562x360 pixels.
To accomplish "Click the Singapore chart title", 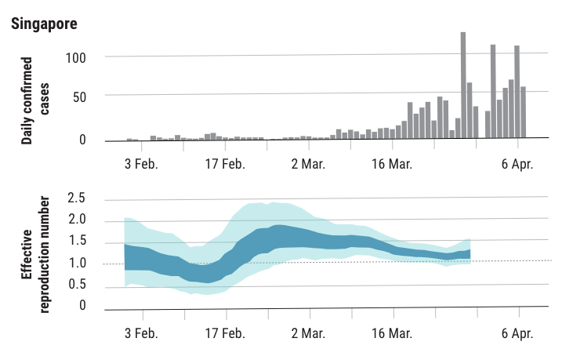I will pyautogui.click(x=44, y=24).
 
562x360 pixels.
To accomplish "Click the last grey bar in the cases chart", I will pyautogui.click(x=524, y=112).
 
